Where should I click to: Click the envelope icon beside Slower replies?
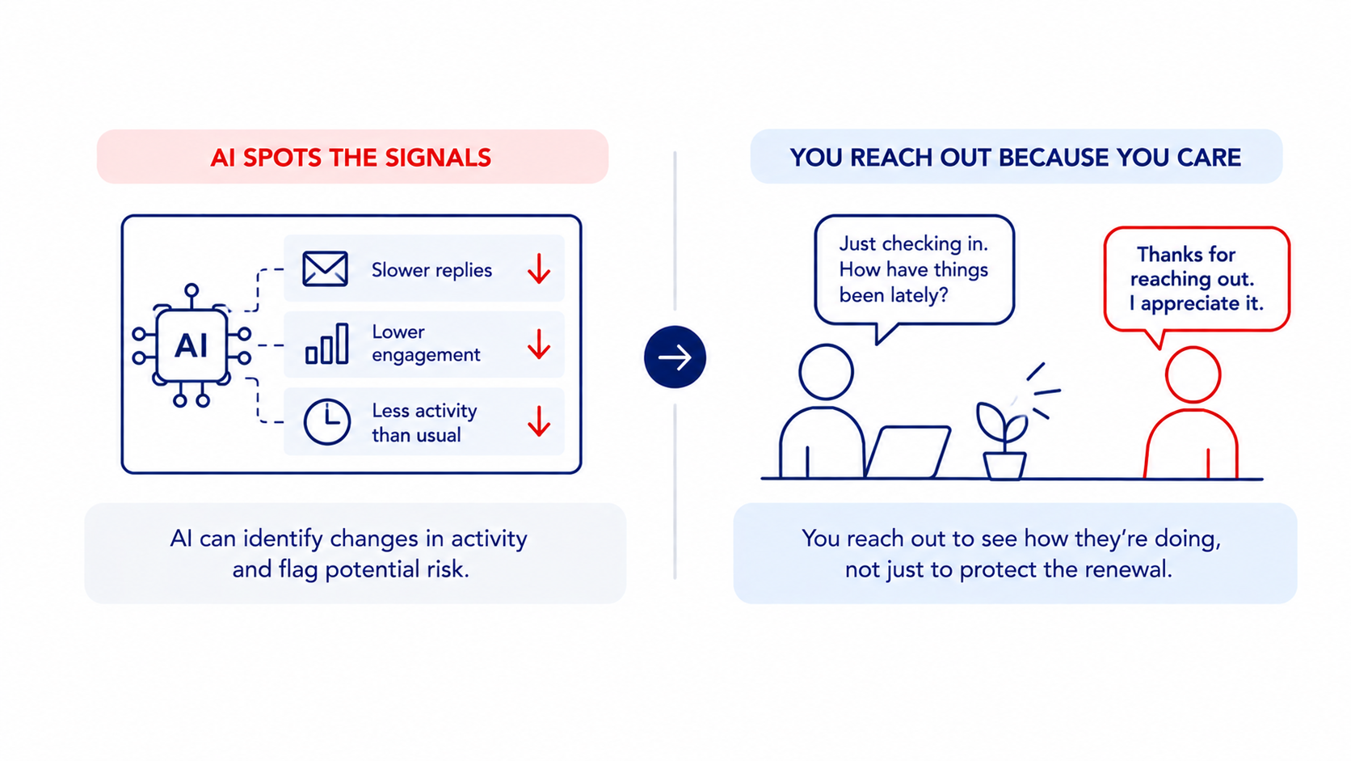[325, 268]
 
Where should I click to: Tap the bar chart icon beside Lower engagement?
[327, 344]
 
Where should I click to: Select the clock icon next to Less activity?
[327, 422]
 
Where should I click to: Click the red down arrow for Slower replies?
[539, 268]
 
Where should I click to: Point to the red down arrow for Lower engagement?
[539, 345]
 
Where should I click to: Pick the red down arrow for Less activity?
[539, 421]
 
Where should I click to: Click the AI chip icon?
[191, 346]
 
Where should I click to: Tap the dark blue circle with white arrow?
[675, 357]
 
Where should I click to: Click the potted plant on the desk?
[1004, 441]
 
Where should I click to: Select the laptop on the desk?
[907, 452]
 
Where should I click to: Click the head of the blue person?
[827, 372]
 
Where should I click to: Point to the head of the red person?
[1193, 374]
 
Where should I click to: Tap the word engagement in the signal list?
[426, 355]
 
